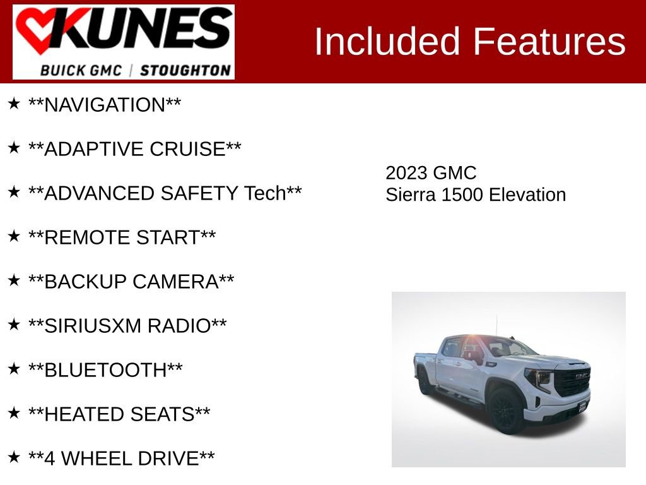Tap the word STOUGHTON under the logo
coord(185,70)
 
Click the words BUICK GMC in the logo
coord(81,70)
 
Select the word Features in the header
coord(549,42)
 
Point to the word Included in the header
coord(387,42)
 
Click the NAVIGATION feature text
coord(105,105)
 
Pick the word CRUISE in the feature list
coord(187,149)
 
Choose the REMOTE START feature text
coord(122,237)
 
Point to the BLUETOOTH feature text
coord(105,370)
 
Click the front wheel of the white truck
coord(506,411)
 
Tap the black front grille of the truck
coord(572,381)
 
